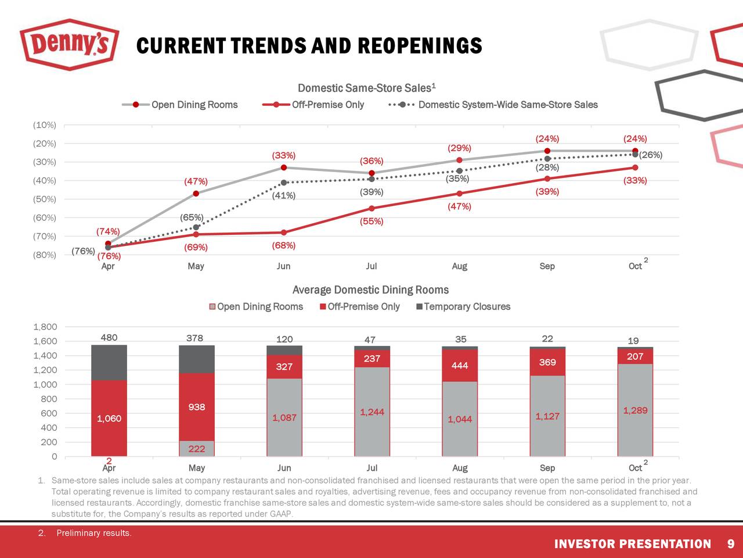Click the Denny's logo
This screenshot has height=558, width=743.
coord(69,44)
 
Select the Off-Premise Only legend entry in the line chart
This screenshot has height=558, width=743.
coord(327,105)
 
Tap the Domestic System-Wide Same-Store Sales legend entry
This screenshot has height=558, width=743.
coord(507,105)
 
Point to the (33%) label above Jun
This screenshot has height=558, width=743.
coord(283,155)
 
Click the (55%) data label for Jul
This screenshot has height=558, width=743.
coord(371,221)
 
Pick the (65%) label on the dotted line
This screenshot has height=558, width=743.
coord(191,217)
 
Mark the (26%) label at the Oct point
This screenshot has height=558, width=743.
coord(650,155)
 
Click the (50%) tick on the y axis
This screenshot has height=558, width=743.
coord(45,199)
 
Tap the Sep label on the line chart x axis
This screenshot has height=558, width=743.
coord(547,266)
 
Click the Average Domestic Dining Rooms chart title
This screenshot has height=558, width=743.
coord(370,289)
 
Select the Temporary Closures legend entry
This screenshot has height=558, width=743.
coord(467,306)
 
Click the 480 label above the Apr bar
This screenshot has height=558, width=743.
coord(109,338)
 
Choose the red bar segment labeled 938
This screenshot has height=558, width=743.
coord(196,407)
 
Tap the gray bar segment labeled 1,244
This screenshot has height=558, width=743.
coord(372,412)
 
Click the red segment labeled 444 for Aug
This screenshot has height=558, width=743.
coord(460,365)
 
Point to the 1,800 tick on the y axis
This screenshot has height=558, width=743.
coord(45,327)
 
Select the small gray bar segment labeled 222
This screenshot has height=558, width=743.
coord(196,449)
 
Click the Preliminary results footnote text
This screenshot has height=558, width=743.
coord(93,534)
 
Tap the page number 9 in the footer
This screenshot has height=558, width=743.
coord(730,544)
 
